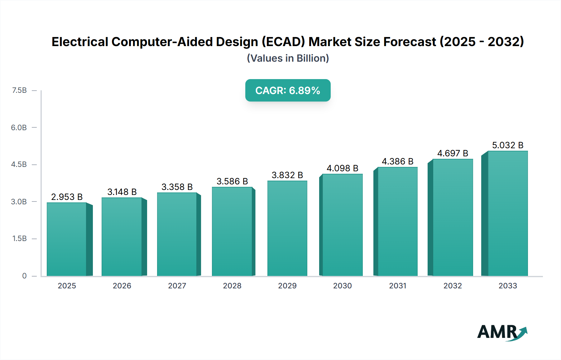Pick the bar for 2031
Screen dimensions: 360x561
pyautogui.click(x=397, y=221)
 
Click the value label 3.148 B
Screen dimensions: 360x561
pyautogui.click(x=122, y=192)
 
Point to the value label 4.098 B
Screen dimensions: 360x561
pyautogui.click(x=342, y=168)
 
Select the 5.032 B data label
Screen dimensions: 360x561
pyautogui.click(x=507, y=145)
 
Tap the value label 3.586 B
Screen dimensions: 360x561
pyautogui.click(x=232, y=181)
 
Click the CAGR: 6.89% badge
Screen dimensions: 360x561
pyautogui.click(x=288, y=90)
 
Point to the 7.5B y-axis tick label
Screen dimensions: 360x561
pyautogui.click(x=19, y=90)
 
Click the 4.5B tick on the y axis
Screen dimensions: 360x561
pyautogui.click(x=19, y=164)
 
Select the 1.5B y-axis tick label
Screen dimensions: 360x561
pyautogui.click(x=19, y=239)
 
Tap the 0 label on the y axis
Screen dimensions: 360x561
pyautogui.click(x=24, y=276)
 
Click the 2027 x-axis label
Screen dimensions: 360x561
pyautogui.click(x=177, y=286)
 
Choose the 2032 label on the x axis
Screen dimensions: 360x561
pyautogui.click(x=453, y=286)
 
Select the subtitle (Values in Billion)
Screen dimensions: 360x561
pyautogui.click(x=288, y=58)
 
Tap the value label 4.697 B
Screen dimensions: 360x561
pyautogui.click(x=453, y=153)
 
